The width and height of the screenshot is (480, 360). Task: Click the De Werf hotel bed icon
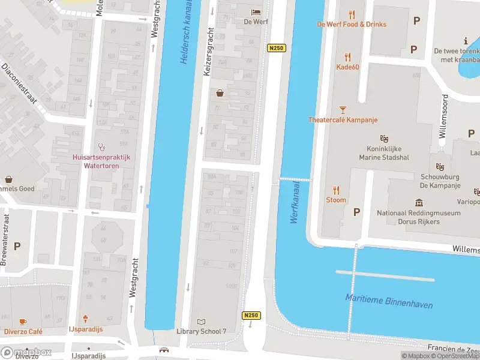256,11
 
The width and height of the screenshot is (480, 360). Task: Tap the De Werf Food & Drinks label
352,25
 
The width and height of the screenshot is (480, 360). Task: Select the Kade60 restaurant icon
347,58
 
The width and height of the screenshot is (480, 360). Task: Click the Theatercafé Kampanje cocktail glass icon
343,110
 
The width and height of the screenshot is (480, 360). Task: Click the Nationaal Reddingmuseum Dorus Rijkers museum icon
419,203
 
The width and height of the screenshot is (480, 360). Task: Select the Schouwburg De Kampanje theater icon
440,166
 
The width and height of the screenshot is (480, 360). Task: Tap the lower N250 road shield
251,316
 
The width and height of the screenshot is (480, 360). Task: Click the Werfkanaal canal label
295,205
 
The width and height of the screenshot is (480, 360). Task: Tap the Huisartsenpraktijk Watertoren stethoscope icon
101,146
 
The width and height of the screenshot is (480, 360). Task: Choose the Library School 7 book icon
201,322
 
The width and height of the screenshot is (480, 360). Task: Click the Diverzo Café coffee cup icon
23,322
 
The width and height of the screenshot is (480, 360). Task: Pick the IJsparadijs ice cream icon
85,320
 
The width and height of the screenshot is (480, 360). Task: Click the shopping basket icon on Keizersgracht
220,93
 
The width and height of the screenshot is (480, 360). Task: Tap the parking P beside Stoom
357,212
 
